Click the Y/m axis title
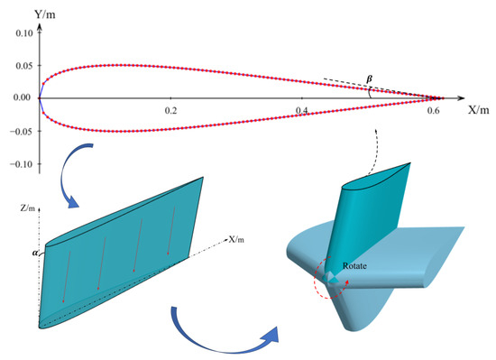pos(45,14)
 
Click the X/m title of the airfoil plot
pos(478,110)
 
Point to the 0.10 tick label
pos(24,32)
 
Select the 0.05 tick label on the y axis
pos(24,66)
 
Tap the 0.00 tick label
pos(22,97)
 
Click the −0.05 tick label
pos(22,131)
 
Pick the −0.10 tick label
pos(22,164)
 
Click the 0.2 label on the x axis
pos(170,110)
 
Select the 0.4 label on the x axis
pos(302,110)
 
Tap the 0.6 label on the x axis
pos(433,110)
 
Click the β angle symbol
pos(369,79)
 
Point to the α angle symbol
pos(35,253)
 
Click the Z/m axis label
pos(28,208)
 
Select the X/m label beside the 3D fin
pos(236,239)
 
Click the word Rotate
pos(354,266)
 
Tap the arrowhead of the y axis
pos(40,27)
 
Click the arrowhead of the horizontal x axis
pos(461,98)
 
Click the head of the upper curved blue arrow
pos(73,202)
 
